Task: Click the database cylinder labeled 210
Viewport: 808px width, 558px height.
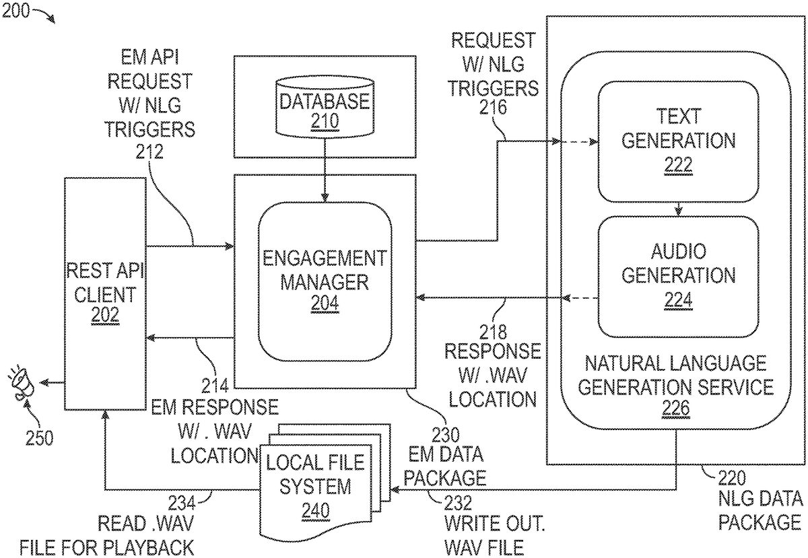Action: click(325, 108)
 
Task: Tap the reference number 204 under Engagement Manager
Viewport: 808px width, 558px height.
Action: click(325, 304)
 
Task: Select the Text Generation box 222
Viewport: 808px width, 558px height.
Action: click(678, 141)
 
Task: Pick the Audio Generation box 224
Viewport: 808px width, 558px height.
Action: click(678, 276)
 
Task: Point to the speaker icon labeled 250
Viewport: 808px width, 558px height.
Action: click(22, 384)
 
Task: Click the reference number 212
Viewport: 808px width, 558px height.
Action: click(149, 151)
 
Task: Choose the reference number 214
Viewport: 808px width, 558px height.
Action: click(215, 386)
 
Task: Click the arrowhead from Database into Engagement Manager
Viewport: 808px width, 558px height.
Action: click(325, 197)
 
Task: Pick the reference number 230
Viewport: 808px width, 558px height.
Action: click(445, 435)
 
